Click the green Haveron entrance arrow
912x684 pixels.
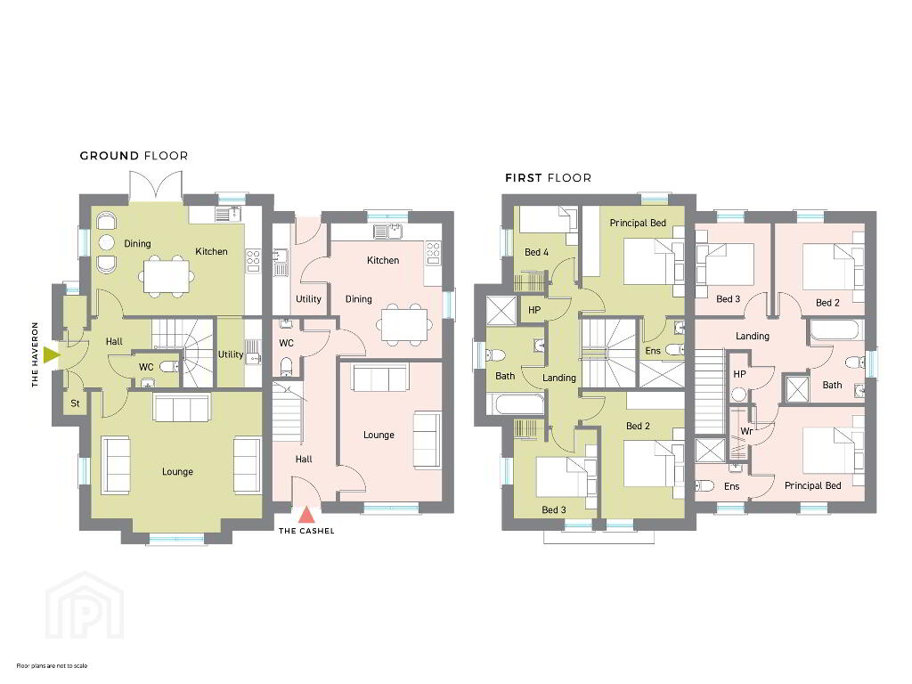coord(51,354)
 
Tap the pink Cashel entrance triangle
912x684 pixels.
coord(306,515)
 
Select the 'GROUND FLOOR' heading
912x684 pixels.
coord(134,156)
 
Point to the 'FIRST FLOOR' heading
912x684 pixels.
coord(548,178)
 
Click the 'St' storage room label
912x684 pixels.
coord(75,403)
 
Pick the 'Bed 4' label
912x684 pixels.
coord(536,252)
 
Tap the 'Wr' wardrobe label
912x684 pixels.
coord(747,431)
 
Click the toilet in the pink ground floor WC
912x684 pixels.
coord(286,366)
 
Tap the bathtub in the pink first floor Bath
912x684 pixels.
coord(834,330)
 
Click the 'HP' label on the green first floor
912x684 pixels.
coord(534,310)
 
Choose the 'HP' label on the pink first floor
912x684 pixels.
coord(739,374)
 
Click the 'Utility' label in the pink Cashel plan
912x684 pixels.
coord(308,299)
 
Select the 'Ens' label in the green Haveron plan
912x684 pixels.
coord(653,351)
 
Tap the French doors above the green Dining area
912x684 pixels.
coord(156,186)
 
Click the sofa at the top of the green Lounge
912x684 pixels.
coord(181,406)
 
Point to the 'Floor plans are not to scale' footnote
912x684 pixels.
coord(52,665)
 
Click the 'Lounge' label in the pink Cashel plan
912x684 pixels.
coord(379,435)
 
